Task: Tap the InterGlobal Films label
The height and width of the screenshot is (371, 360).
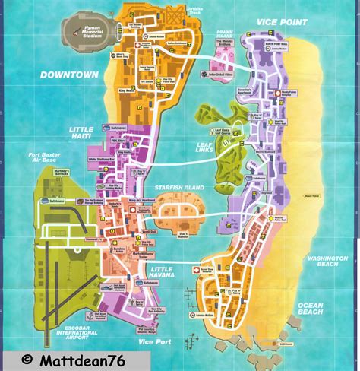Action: point(219,75)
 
